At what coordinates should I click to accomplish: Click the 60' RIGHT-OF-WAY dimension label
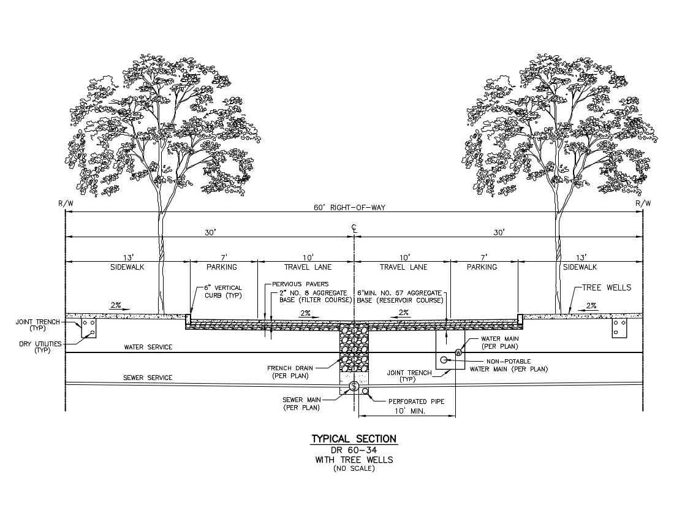(x=349, y=208)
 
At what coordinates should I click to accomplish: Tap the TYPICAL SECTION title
(x=354, y=439)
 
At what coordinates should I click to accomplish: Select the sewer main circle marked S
(x=354, y=387)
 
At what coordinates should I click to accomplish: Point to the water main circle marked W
(x=458, y=352)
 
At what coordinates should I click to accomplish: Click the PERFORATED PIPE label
(x=416, y=401)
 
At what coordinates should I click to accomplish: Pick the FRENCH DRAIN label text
(x=290, y=372)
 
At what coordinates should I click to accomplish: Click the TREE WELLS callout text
(x=607, y=287)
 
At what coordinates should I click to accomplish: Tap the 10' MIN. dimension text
(x=409, y=411)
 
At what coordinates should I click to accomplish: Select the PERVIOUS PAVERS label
(x=300, y=284)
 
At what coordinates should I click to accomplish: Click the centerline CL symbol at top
(x=354, y=228)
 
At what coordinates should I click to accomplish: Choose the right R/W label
(x=643, y=203)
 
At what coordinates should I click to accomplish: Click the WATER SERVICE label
(x=148, y=347)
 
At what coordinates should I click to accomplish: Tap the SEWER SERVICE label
(x=148, y=378)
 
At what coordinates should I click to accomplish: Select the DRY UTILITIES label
(x=40, y=347)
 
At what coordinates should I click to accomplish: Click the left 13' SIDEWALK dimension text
(x=127, y=262)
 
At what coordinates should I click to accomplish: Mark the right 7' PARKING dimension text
(x=482, y=262)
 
